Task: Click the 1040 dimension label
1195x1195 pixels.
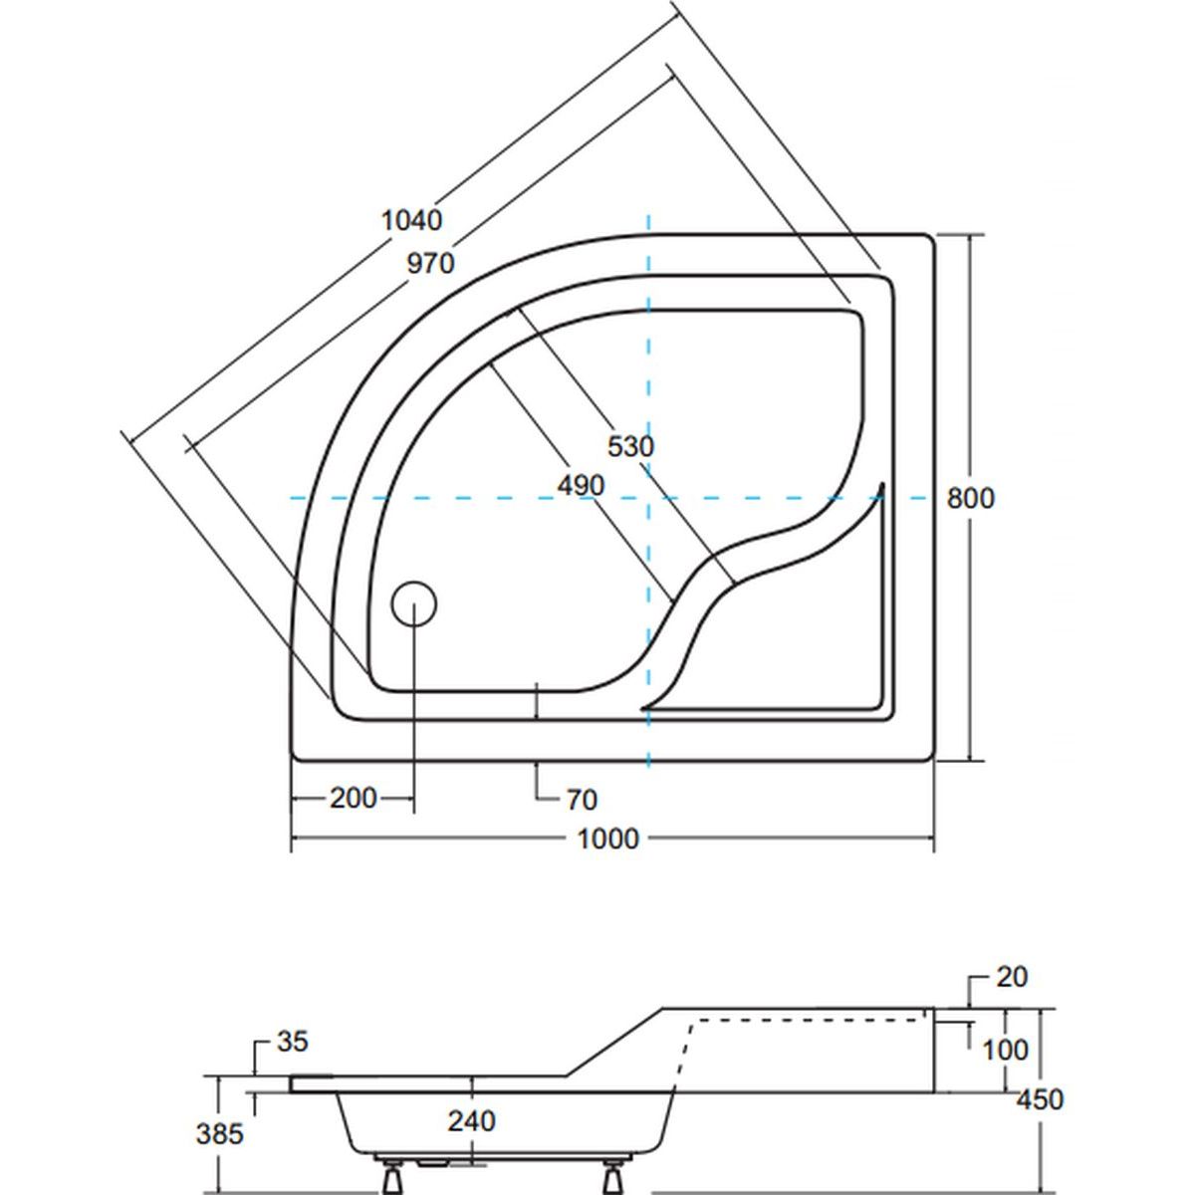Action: (411, 220)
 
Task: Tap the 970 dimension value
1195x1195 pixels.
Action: (430, 264)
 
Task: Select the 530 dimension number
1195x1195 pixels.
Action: (630, 446)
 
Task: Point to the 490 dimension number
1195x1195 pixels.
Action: (581, 486)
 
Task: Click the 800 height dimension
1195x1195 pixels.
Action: (970, 498)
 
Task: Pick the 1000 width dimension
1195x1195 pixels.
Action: (607, 839)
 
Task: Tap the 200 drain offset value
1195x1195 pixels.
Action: (353, 798)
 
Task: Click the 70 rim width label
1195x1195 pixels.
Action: (582, 800)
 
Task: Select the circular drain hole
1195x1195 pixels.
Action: (413, 603)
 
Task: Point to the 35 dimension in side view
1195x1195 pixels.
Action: (292, 1042)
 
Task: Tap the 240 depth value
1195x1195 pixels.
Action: (471, 1121)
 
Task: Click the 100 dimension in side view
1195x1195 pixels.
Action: (1005, 1050)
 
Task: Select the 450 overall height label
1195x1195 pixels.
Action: (1040, 1099)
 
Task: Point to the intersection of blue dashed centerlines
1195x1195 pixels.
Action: (648, 497)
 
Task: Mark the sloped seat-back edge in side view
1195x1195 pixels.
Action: (615, 1043)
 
